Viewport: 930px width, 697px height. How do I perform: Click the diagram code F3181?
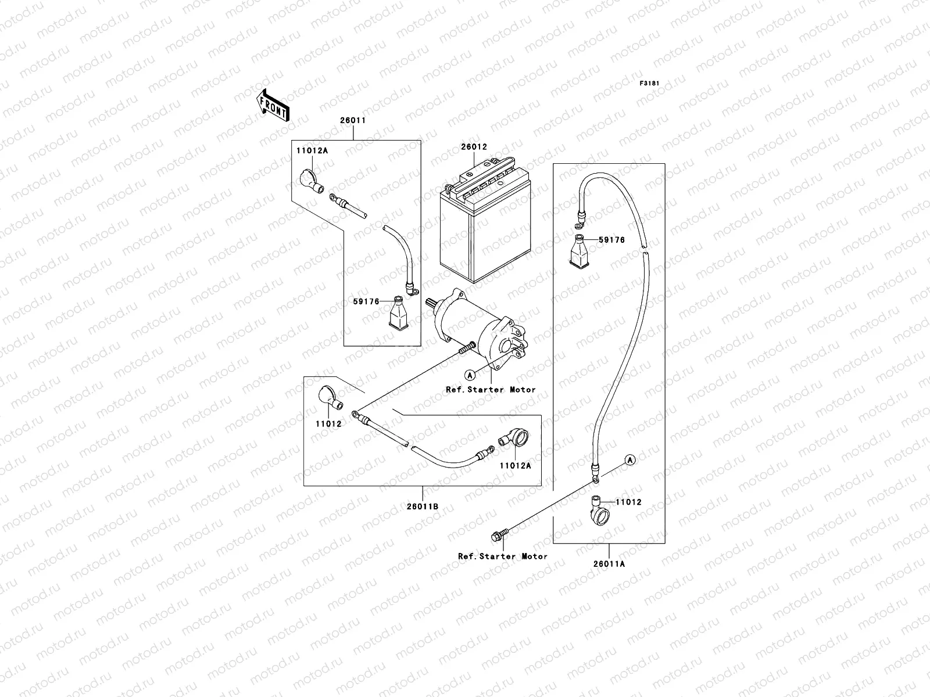650,84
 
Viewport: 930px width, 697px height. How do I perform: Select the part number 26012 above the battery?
475,148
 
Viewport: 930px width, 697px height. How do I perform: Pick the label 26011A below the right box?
609,563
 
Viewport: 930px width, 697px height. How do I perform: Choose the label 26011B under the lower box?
423,506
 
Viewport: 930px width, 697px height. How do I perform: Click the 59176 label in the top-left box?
366,301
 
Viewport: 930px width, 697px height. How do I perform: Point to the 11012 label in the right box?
628,502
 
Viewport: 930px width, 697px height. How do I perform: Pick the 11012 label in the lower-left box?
328,423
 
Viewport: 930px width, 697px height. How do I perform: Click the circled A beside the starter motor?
470,373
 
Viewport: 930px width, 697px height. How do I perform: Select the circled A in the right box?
630,459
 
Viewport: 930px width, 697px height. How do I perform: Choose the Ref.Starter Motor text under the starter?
491,390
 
